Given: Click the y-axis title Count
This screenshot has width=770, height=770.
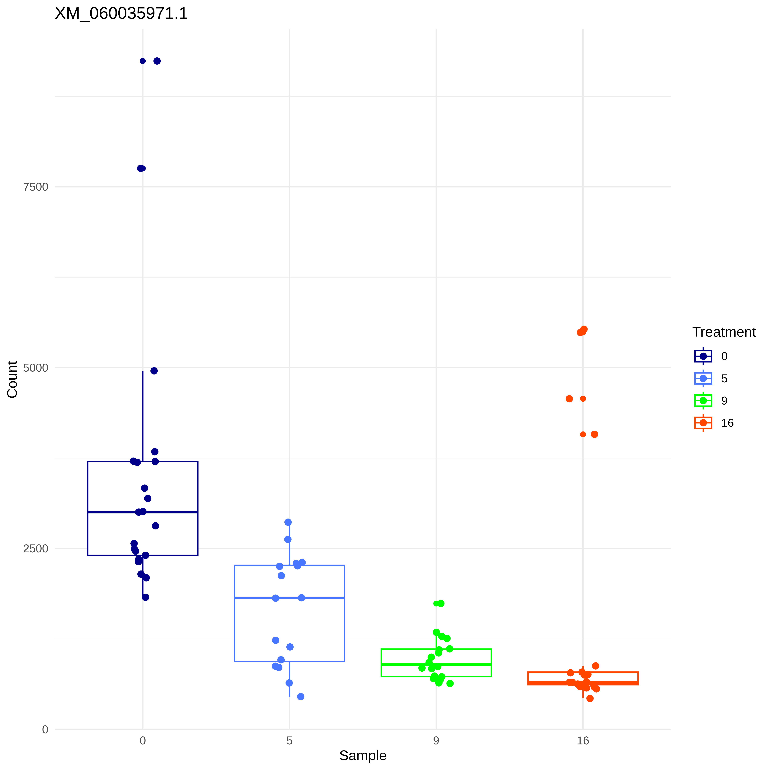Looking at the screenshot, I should pyautogui.click(x=12, y=379).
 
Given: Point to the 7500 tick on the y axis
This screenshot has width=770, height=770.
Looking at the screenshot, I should pyautogui.click(x=36, y=187).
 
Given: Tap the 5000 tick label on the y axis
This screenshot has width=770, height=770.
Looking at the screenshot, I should pyautogui.click(x=36, y=368).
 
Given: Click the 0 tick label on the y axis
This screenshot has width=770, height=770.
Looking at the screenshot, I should pyautogui.click(x=45, y=730).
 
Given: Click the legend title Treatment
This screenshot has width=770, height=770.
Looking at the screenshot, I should pyautogui.click(x=724, y=332).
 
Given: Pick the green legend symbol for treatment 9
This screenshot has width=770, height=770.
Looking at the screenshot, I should pyautogui.click(x=703, y=401).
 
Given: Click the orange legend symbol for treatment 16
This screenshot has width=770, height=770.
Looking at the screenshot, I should pyautogui.click(x=703, y=423).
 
